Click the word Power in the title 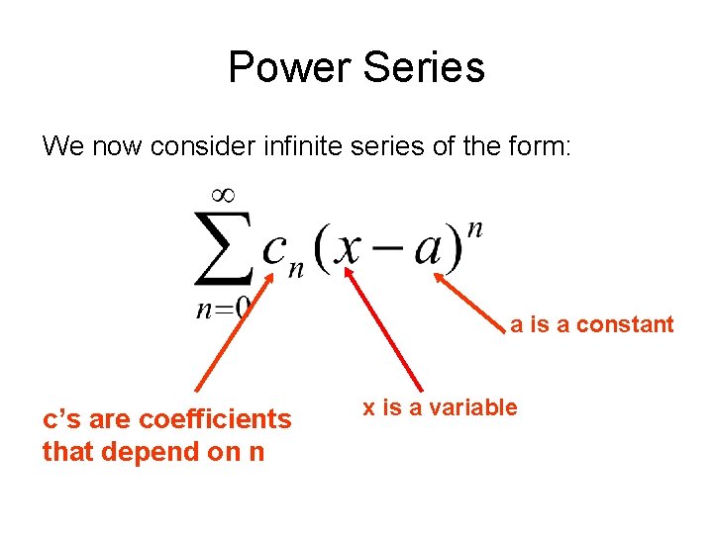click(289, 68)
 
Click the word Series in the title click(423, 68)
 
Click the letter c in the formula click(274, 251)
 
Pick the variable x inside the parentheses click(349, 249)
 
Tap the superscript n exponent click(474, 229)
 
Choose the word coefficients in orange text click(216, 419)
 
